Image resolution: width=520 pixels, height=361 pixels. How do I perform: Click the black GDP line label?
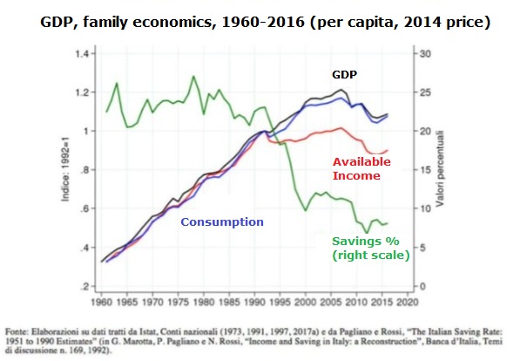click(344, 75)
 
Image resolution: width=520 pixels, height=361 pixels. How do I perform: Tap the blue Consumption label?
click(222, 221)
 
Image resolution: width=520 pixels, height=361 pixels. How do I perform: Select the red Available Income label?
click(361, 168)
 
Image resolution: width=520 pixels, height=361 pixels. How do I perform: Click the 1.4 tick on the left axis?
click(82, 53)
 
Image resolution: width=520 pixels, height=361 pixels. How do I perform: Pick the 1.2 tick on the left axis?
click(82, 92)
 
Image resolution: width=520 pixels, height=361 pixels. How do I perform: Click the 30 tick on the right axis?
click(425, 53)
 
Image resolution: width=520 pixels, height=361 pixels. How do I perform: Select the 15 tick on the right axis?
click(425, 170)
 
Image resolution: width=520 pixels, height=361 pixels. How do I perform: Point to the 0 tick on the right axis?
click(422, 286)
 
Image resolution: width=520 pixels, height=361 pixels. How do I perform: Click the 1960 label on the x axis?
click(102, 303)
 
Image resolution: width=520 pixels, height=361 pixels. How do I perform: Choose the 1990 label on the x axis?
click(254, 303)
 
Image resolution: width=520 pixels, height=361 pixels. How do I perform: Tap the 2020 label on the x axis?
click(408, 303)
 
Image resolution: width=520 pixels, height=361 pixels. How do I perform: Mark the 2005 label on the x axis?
click(331, 303)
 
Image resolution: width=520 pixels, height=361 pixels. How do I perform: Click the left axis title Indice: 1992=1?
click(65, 170)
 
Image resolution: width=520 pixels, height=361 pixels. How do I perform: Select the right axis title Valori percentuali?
click(440, 169)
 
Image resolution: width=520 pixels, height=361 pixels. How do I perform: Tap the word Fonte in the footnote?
click(17, 331)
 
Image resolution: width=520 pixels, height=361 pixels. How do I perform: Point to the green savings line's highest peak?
click(193, 77)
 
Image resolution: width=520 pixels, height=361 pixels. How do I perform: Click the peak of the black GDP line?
click(341, 89)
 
